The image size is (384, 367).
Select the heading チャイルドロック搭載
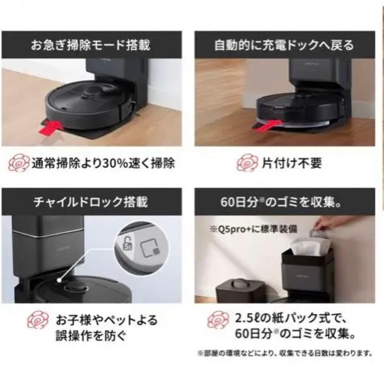click(90, 202)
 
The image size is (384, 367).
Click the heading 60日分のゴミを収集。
click(284, 202)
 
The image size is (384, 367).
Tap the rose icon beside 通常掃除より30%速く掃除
click(17, 164)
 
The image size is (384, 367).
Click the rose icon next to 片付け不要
click(246, 163)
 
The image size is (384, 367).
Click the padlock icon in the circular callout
click(126, 245)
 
